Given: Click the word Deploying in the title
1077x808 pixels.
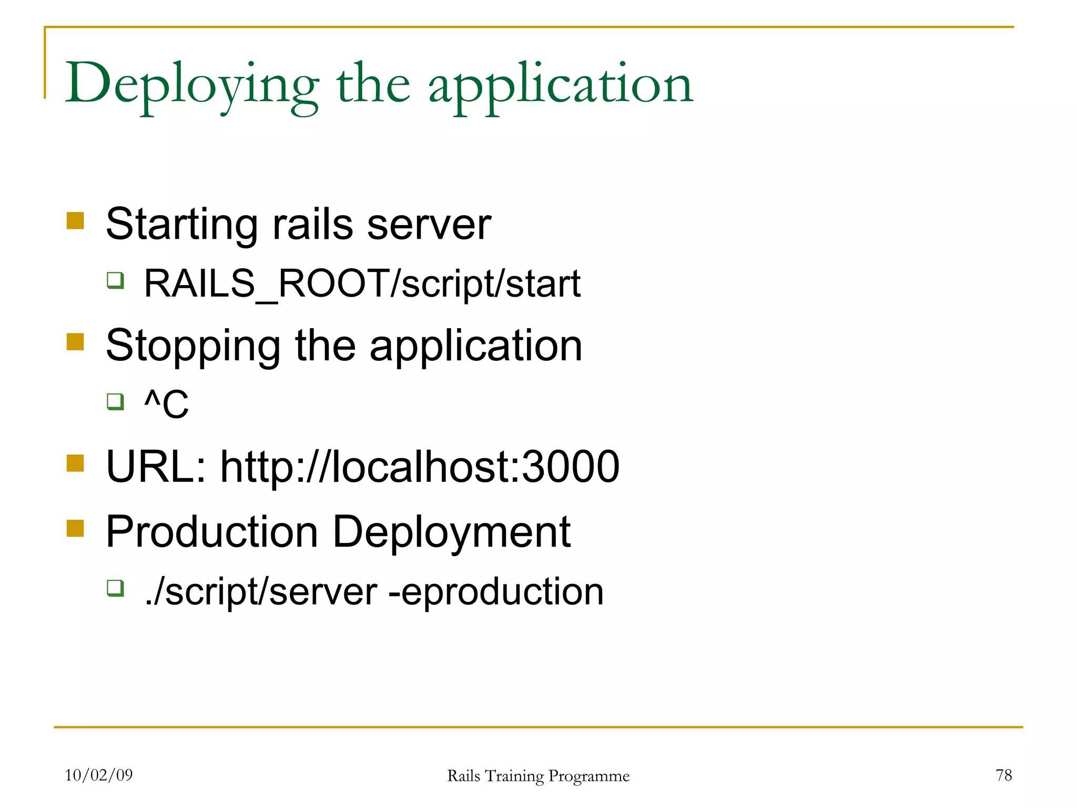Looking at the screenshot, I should click(192, 84).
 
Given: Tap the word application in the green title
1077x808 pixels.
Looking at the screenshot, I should click(561, 84).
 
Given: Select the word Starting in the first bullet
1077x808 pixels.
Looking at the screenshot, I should click(181, 225).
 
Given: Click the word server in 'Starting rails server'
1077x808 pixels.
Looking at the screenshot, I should click(429, 225).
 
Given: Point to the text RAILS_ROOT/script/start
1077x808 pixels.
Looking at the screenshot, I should click(362, 284).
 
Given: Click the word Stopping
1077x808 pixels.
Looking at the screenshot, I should click(193, 346).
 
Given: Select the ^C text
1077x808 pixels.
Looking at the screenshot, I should click(166, 404).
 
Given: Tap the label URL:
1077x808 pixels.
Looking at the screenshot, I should click(156, 467).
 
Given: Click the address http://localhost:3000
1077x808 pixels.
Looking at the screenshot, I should click(420, 467).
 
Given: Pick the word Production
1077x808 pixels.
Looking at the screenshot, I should click(211, 532).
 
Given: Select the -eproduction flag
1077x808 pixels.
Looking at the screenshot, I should click(496, 592).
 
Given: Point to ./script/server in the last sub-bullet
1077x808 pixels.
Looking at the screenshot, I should click(261, 592).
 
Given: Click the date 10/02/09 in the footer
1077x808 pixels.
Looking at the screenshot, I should click(99, 775).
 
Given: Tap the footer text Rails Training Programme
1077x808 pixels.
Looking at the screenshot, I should click(538, 776).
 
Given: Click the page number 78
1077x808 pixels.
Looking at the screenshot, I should click(1003, 775).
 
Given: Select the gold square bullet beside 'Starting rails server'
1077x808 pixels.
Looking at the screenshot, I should click(76, 221).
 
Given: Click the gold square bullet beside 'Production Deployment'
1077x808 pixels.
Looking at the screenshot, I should click(76, 528).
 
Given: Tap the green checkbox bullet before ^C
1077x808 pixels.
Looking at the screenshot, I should click(115, 402).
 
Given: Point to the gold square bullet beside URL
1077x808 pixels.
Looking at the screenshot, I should click(76, 463).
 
